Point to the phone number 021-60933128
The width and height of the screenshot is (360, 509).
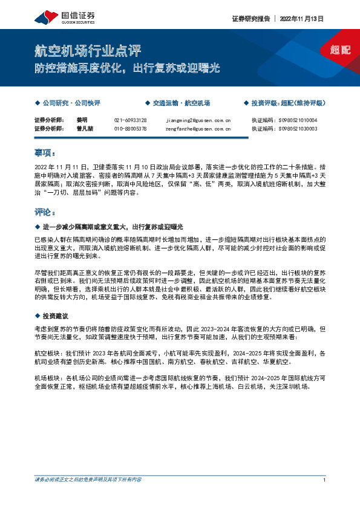point(131,120)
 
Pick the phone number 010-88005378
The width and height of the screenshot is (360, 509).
point(131,129)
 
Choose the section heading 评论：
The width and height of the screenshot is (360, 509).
point(45,213)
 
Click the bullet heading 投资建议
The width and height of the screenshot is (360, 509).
point(55,316)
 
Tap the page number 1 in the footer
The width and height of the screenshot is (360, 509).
point(325,479)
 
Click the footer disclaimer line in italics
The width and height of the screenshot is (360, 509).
point(88,479)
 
